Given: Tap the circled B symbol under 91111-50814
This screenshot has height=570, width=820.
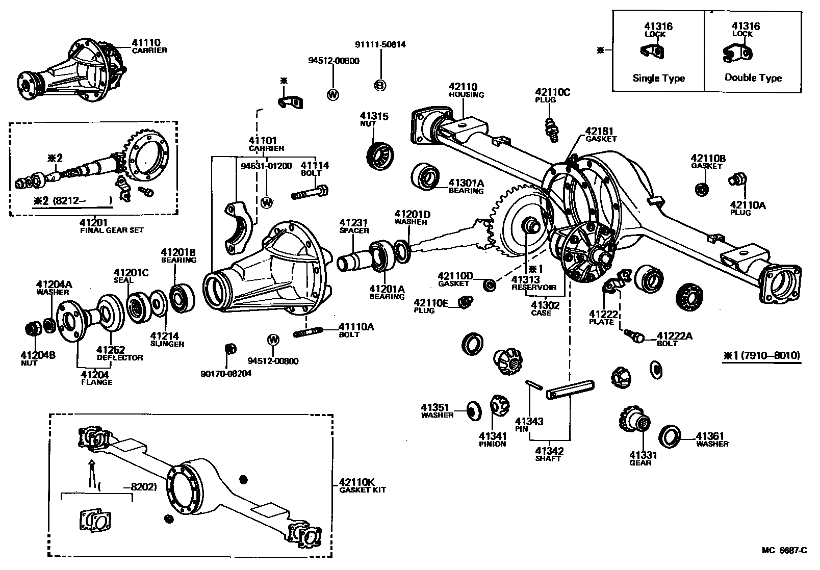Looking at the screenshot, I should click(x=380, y=86).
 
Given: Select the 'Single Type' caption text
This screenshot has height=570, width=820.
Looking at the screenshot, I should click(x=658, y=78).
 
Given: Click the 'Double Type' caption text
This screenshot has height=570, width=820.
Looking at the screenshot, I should click(x=753, y=77).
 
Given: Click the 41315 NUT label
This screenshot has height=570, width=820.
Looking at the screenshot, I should click(x=374, y=119).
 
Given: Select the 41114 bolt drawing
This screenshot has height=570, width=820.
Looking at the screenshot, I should click(x=310, y=193).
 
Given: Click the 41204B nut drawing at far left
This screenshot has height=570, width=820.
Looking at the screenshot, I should click(x=33, y=328).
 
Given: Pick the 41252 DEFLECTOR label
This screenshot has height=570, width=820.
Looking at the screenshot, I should click(x=120, y=353).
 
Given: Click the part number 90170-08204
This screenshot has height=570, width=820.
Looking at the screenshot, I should click(x=226, y=373).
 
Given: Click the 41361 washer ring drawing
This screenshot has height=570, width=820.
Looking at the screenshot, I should click(x=670, y=435).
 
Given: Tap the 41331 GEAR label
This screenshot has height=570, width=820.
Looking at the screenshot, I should click(x=643, y=458).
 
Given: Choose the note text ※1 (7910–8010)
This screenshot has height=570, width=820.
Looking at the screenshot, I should click(x=761, y=355).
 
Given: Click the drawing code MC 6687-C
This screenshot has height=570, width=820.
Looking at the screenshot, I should click(x=784, y=550).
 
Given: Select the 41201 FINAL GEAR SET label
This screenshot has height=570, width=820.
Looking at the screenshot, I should click(x=111, y=225).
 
